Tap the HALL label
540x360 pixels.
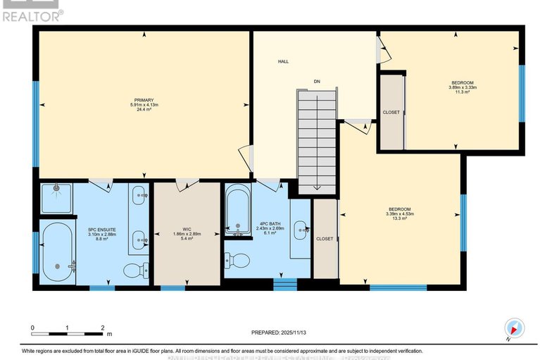pyautogui.click(x=283, y=62)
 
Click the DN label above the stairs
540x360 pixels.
pyautogui.click(x=317, y=82)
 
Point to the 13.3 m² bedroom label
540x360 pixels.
pyautogui.click(x=399, y=213)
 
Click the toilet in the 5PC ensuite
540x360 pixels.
pyautogui.click(x=134, y=269)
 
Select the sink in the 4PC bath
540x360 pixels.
pyautogui.click(x=301, y=228)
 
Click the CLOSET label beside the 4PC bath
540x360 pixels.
pyautogui.click(x=325, y=239)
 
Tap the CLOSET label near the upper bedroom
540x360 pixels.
pyautogui.click(x=391, y=112)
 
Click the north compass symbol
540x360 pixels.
pyautogui.click(x=515, y=328)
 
